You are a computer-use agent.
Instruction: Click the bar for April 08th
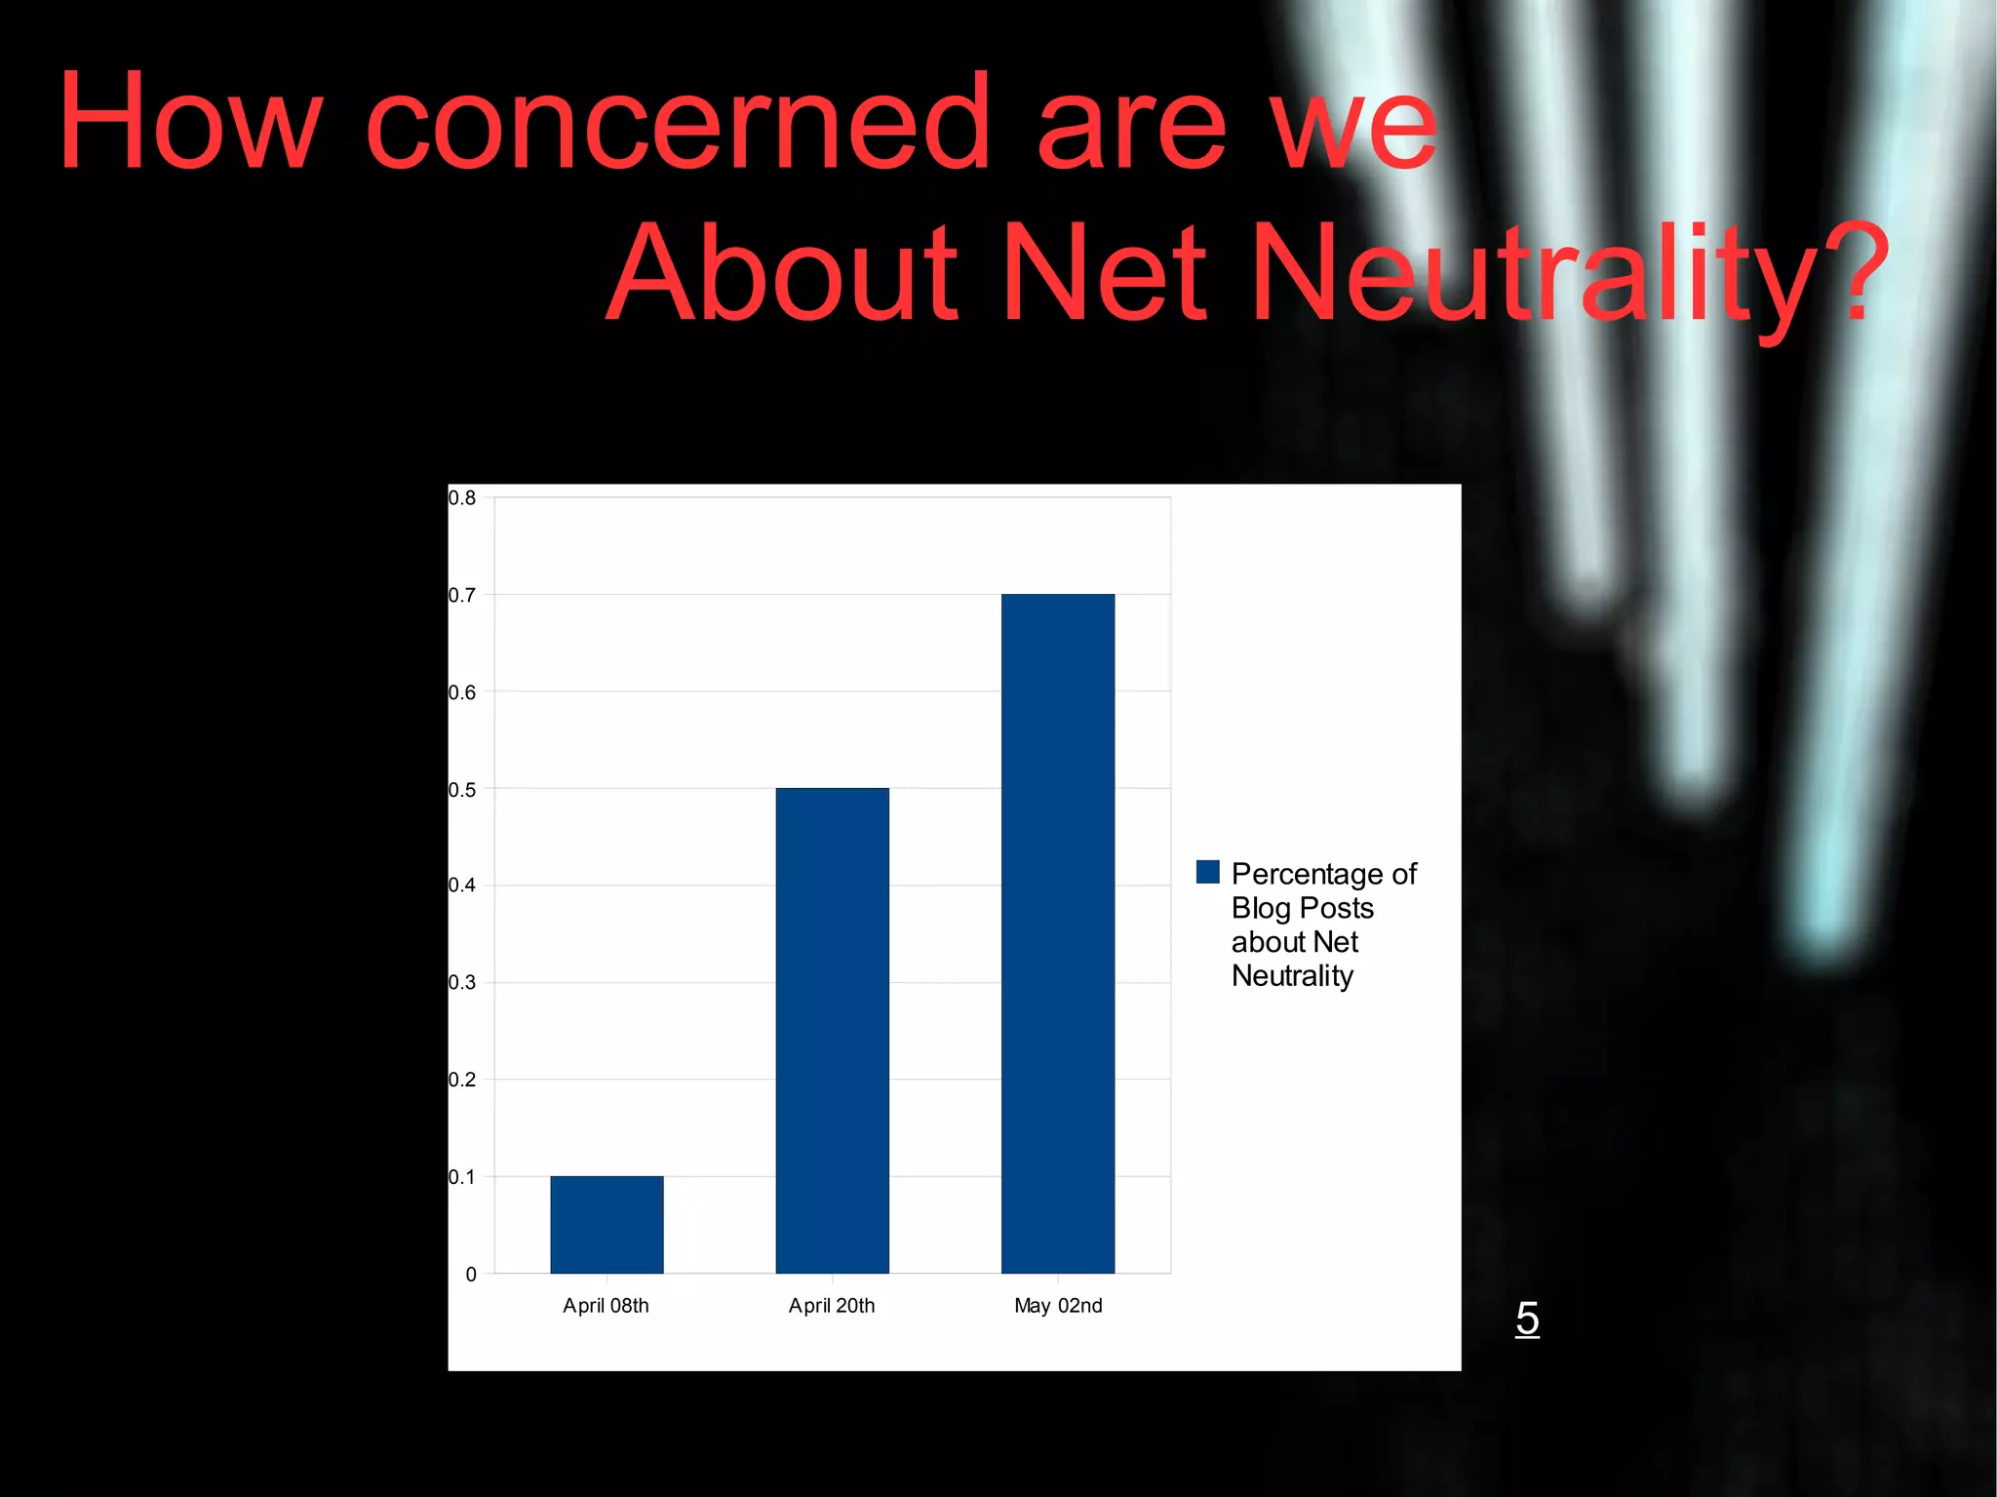pyautogui.click(x=607, y=1224)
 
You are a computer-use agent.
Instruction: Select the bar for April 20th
pyautogui.click(x=832, y=1030)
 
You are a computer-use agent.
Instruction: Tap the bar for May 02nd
pyautogui.click(x=1057, y=933)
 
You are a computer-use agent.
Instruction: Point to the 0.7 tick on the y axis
pyautogui.click(x=462, y=595)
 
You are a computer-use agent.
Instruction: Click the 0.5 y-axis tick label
pyautogui.click(x=462, y=789)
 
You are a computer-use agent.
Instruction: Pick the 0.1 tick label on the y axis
pyautogui.click(x=462, y=1177)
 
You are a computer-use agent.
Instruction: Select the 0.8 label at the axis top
pyautogui.click(x=462, y=498)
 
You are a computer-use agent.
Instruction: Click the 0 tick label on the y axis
pyautogui.click(x=471, y=1274)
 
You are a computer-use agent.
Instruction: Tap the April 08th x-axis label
pyautogui.click(x=606, y=1306)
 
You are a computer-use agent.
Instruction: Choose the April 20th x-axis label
pyautogui.click(x=832, y=1306)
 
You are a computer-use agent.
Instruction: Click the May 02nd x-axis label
pyautogui.click(x=1058, y=1306)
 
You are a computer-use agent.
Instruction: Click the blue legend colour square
pyautogui.click(x=1207, y=872)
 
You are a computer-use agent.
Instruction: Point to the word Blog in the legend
pyautogui.click(x=1261, y=908)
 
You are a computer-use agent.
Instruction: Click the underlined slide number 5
pyautogui.click(x=1527, y=1319)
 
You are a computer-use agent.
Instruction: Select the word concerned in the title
pyautogui.click(x=677, y=124)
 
